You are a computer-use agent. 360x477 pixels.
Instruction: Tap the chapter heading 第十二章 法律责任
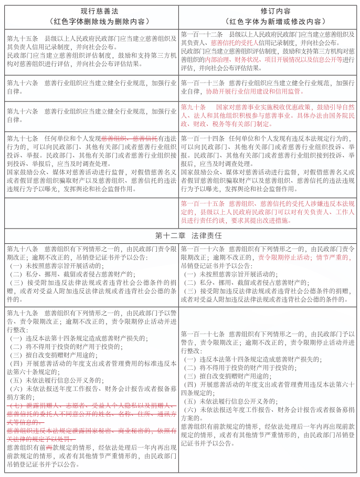(x=180, y=234)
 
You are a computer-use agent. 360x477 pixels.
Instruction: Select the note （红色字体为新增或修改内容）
(x=269, y=22)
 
